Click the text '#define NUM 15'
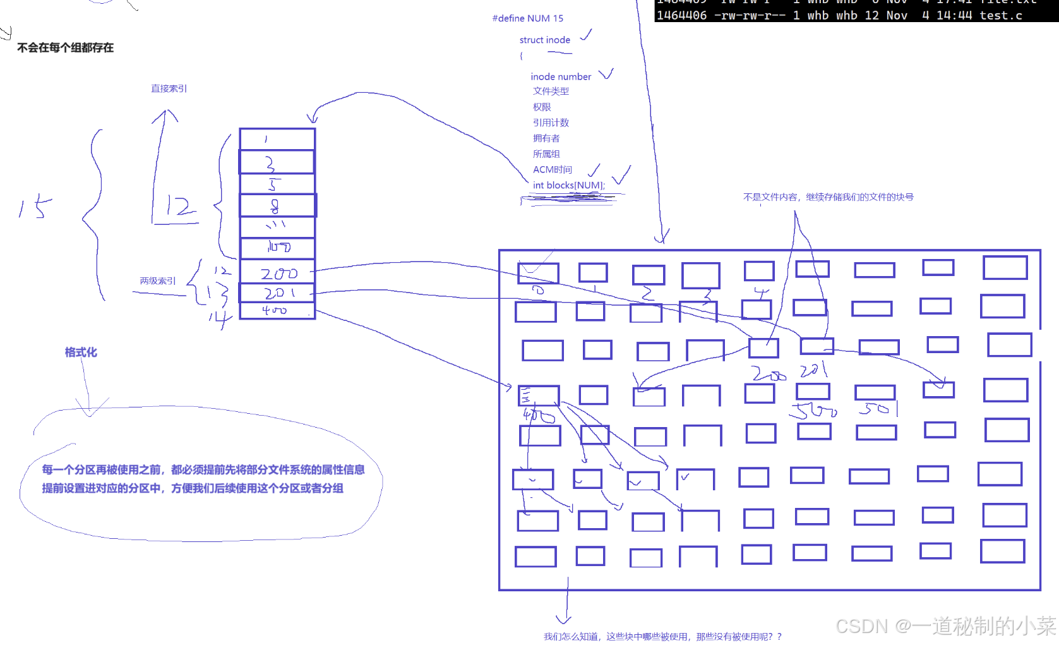[527, 18]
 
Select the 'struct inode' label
[544, 40]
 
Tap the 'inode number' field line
[561, 76]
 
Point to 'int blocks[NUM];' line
[568, 185]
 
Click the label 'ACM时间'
[552, 169]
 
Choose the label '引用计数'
[551, 123]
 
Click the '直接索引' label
[169, 88]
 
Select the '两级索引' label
[158, 280]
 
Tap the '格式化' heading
[81, 352]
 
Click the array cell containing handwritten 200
[277, 273]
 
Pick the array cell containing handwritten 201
[277, 293]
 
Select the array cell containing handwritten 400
[277, 310]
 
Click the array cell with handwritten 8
[277, 206]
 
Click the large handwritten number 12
[178, 207]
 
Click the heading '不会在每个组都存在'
[66, 47]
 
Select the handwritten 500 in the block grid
[813, 411]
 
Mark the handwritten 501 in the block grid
[878, 409]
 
